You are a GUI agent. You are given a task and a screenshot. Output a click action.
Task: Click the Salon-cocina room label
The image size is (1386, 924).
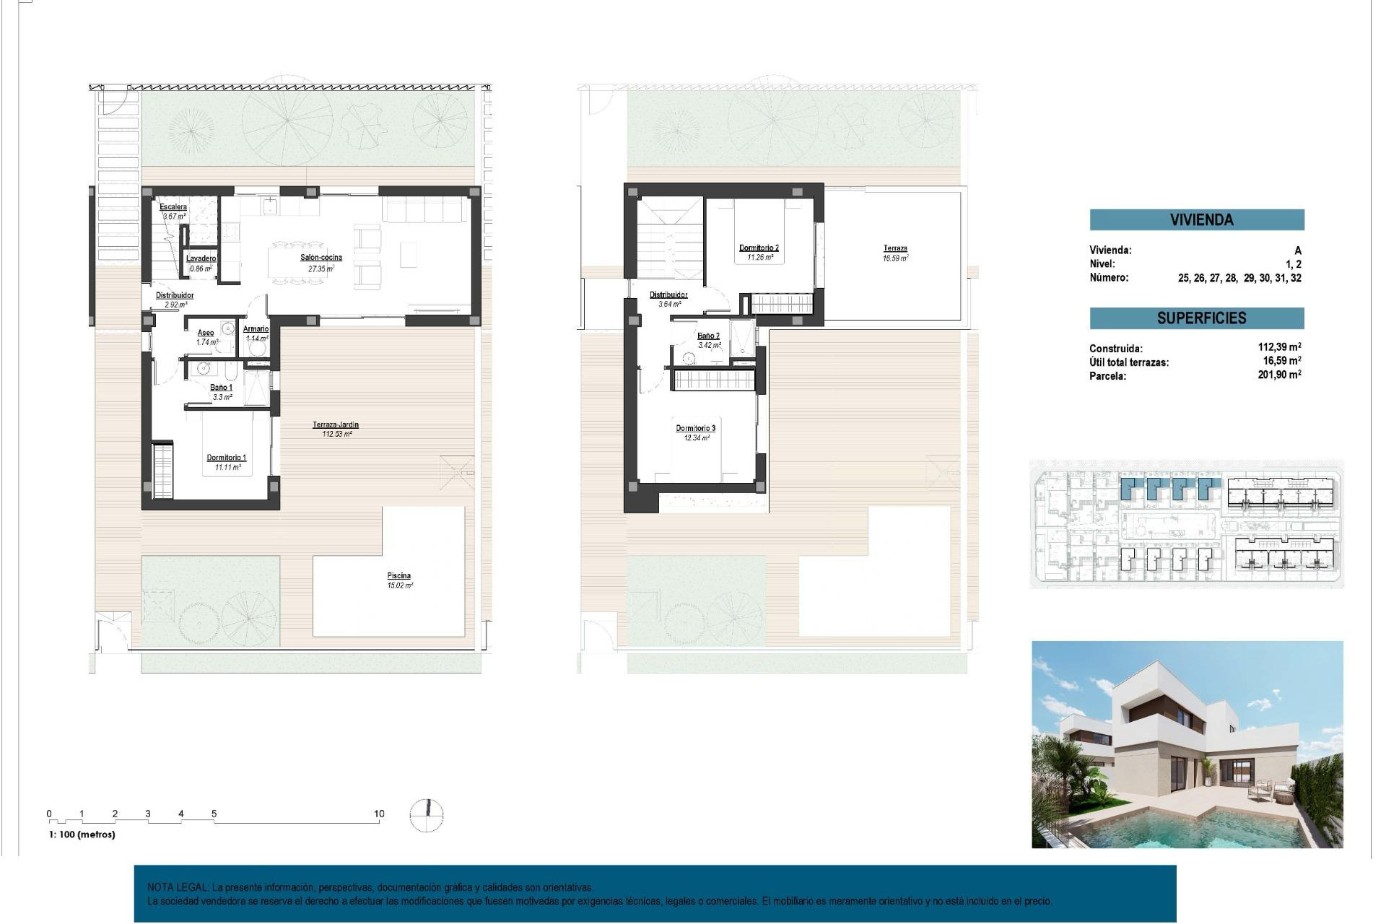[x=321, y=258]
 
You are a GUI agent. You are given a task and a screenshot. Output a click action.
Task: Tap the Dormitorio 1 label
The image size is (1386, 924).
[x=227, y=458]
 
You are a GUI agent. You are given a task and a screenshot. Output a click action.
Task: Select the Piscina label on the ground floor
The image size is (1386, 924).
[x=398, y=576]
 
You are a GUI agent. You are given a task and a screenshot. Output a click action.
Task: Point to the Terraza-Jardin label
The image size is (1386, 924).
[x=336, y=425]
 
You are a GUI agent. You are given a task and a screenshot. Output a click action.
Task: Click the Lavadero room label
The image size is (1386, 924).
[x=201, y=258]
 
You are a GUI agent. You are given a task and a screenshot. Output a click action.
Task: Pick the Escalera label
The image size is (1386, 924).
[x=173, y=207]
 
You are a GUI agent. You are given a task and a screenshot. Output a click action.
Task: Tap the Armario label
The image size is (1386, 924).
[x=256, y=329]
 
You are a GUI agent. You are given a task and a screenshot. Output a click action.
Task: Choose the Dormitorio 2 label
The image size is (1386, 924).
[x=759, y=248]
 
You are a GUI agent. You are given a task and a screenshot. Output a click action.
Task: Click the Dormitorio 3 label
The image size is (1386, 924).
[x=695, y=429]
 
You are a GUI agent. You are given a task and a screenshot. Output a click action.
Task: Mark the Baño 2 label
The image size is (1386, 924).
[x=708, y=336]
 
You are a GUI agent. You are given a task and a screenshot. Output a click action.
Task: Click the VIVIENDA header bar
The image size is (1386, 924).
[x=1196, y=220]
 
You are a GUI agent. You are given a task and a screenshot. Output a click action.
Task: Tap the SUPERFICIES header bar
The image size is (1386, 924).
[x=1196, y=318]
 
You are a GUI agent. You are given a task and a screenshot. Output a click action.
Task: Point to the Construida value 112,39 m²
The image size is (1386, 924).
[x=1279, y=347]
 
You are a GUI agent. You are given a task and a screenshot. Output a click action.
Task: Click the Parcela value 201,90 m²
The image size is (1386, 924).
[x=1279, y=375]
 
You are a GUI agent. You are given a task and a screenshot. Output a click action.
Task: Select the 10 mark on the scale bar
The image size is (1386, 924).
[x=379, y=814]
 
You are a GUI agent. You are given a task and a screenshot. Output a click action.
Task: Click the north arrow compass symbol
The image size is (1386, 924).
[x=427, y=816]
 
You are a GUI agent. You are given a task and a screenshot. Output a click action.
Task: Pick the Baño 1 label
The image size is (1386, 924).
[x=221, y=388]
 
